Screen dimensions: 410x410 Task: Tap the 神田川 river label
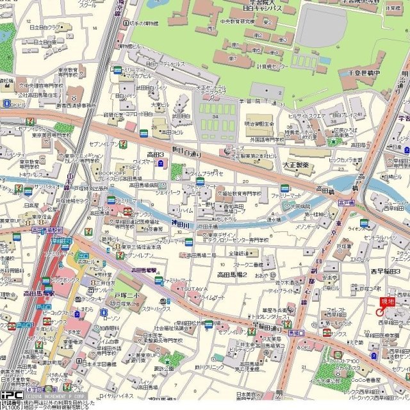[179, 224]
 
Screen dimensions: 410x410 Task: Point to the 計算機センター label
[258, 65]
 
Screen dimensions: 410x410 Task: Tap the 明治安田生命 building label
[259, 124]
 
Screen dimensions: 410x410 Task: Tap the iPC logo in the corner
[12, 395]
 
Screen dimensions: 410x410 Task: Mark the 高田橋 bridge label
[325, 190]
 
